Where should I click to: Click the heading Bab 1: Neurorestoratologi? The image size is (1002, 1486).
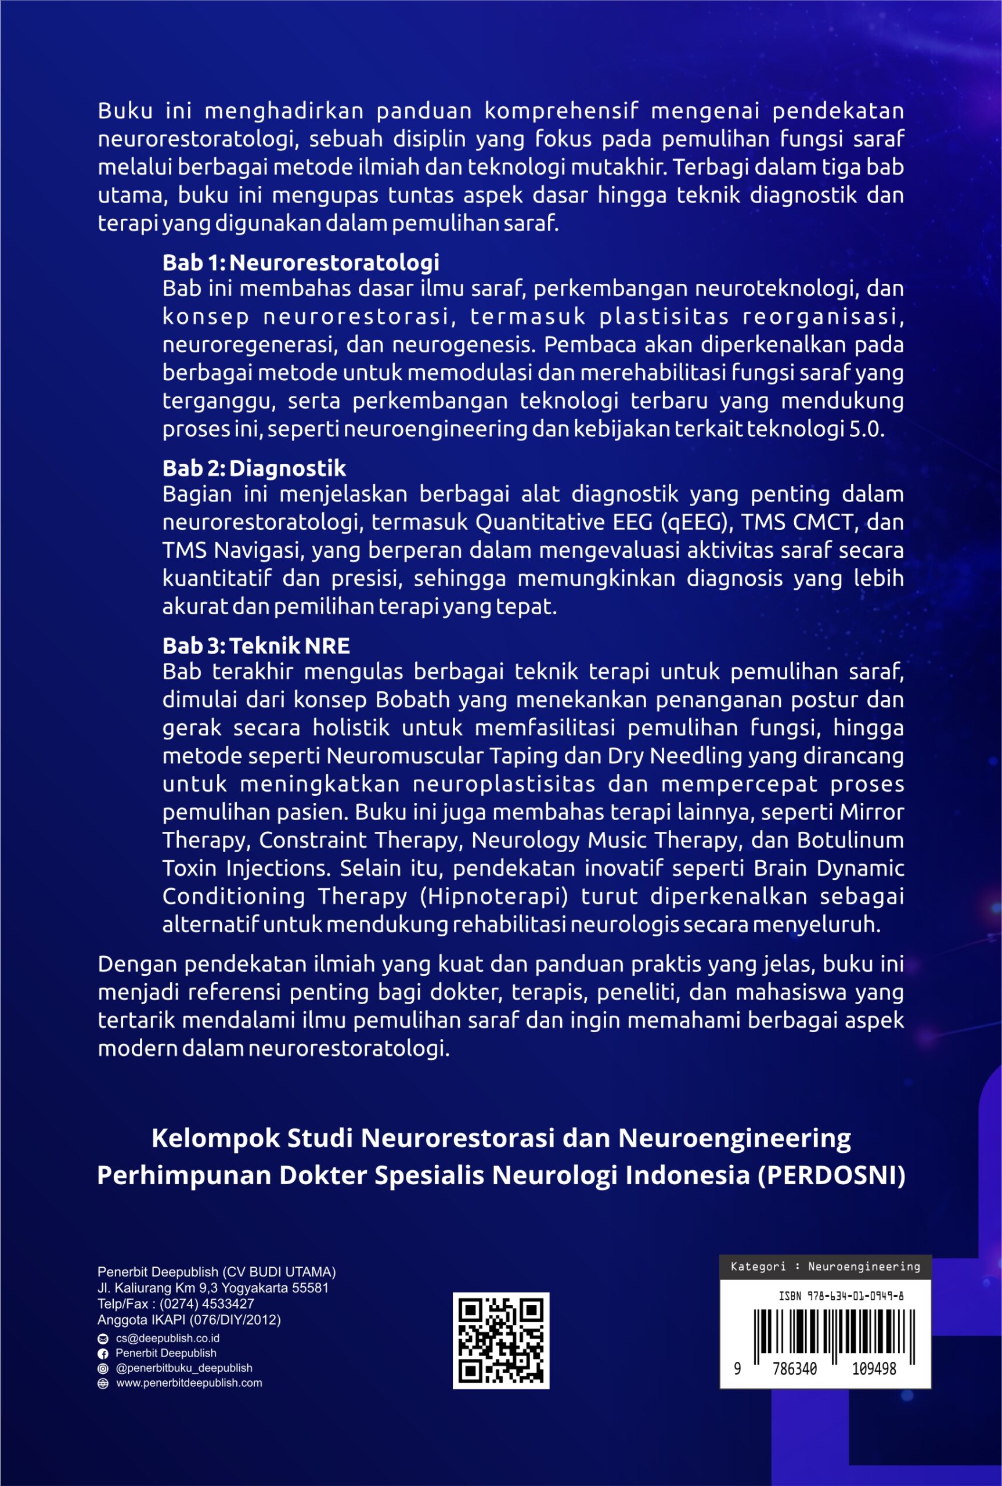(300, 262)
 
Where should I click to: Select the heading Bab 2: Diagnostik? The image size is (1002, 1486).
(254, 468)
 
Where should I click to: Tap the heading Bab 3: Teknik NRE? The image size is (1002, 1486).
(255, 646)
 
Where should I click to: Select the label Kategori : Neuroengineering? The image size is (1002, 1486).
(825, 1267)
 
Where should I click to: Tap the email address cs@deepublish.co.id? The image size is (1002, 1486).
(167, 1339)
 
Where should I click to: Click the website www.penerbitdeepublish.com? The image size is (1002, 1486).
(189, 1383)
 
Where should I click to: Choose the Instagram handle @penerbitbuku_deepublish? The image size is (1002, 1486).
(183, 1368)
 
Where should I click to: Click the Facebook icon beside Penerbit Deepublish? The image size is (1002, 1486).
(103, 1354)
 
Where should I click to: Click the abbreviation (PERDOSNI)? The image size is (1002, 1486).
(831, 1175)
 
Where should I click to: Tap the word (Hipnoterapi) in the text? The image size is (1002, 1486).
(494, 896)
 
